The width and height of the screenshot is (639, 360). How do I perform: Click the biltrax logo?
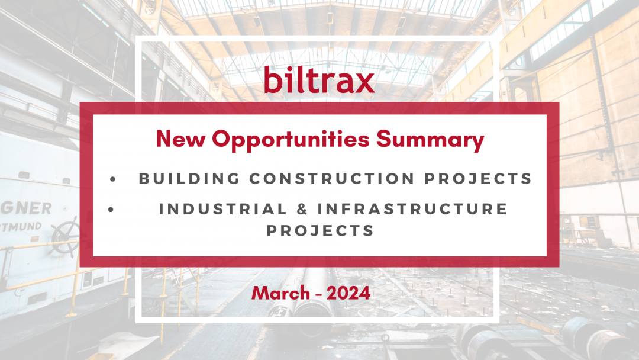tap(319, 79)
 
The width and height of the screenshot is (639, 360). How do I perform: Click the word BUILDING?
tap(189, 179)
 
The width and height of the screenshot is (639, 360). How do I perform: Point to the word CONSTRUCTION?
tap(332, 179)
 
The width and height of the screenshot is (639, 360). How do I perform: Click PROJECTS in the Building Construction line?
tap(479, 179)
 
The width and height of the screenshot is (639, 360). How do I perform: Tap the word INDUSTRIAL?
tap(223, 209)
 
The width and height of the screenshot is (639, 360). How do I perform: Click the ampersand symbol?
tap(302, 209)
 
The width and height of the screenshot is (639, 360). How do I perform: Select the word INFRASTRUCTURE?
tap(412, 209)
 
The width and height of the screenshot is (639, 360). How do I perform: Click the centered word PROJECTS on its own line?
tap(320, 231)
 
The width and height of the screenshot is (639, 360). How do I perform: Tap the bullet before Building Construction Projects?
tap(113, 179)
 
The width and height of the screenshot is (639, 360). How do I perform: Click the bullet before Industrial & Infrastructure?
tap(111, 210)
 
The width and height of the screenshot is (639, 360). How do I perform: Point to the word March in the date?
tap(281, 293)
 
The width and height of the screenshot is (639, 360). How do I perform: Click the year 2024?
tap(348, 293)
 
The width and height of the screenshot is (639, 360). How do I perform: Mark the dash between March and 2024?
tap(318, 294)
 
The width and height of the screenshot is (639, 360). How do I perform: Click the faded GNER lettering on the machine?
tap(26, 208)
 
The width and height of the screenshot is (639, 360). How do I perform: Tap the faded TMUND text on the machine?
tap(21, 227)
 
